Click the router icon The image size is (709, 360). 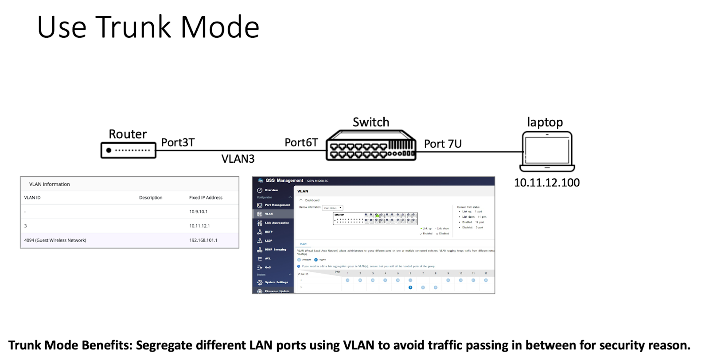click(128, 150)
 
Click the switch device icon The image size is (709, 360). click(371, 145)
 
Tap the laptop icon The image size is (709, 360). click(547, 152)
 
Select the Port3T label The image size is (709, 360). click(178, 142)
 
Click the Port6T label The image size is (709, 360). click(301, 142)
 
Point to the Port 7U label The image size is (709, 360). click(442, 144)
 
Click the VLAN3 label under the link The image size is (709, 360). click(238, 159)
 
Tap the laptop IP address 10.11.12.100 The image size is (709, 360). click(546, 182)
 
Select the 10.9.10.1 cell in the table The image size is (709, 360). click(198, 211)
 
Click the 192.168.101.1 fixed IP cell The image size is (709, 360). click(203, 240)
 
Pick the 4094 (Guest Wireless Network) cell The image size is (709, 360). click(55, 240)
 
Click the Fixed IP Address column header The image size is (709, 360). click(206, 198)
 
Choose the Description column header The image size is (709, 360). click(151, 198)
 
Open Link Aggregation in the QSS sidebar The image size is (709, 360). click(277, 223)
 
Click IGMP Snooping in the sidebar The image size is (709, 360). click(275, 250)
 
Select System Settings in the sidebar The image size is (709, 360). click(276, 282)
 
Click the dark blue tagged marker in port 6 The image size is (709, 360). click(410, 287)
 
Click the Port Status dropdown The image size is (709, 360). click(332, 208)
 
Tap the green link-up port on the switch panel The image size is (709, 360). click(377, 215)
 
